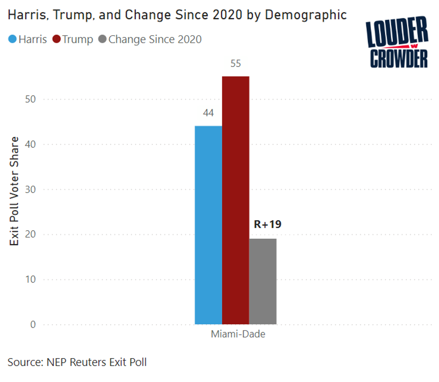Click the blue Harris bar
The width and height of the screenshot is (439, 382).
tap(208, 225)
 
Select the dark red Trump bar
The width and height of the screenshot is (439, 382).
tap(236, 200)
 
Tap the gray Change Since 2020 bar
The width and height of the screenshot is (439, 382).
tap(263, 281)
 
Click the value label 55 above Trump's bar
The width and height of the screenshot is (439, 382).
tap(236, 64)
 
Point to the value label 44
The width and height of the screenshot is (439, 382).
tap(208, 113)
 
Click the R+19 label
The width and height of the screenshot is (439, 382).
tap(264, 224)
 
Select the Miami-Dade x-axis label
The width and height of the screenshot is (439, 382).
tap(238, 335)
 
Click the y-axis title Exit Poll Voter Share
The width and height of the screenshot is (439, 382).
tap(15, 191)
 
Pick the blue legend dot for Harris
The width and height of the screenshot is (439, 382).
tap(12, 39)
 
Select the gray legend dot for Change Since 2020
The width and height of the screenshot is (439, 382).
tap(102, 39)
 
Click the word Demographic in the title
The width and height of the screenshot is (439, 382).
tap(306, 15)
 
